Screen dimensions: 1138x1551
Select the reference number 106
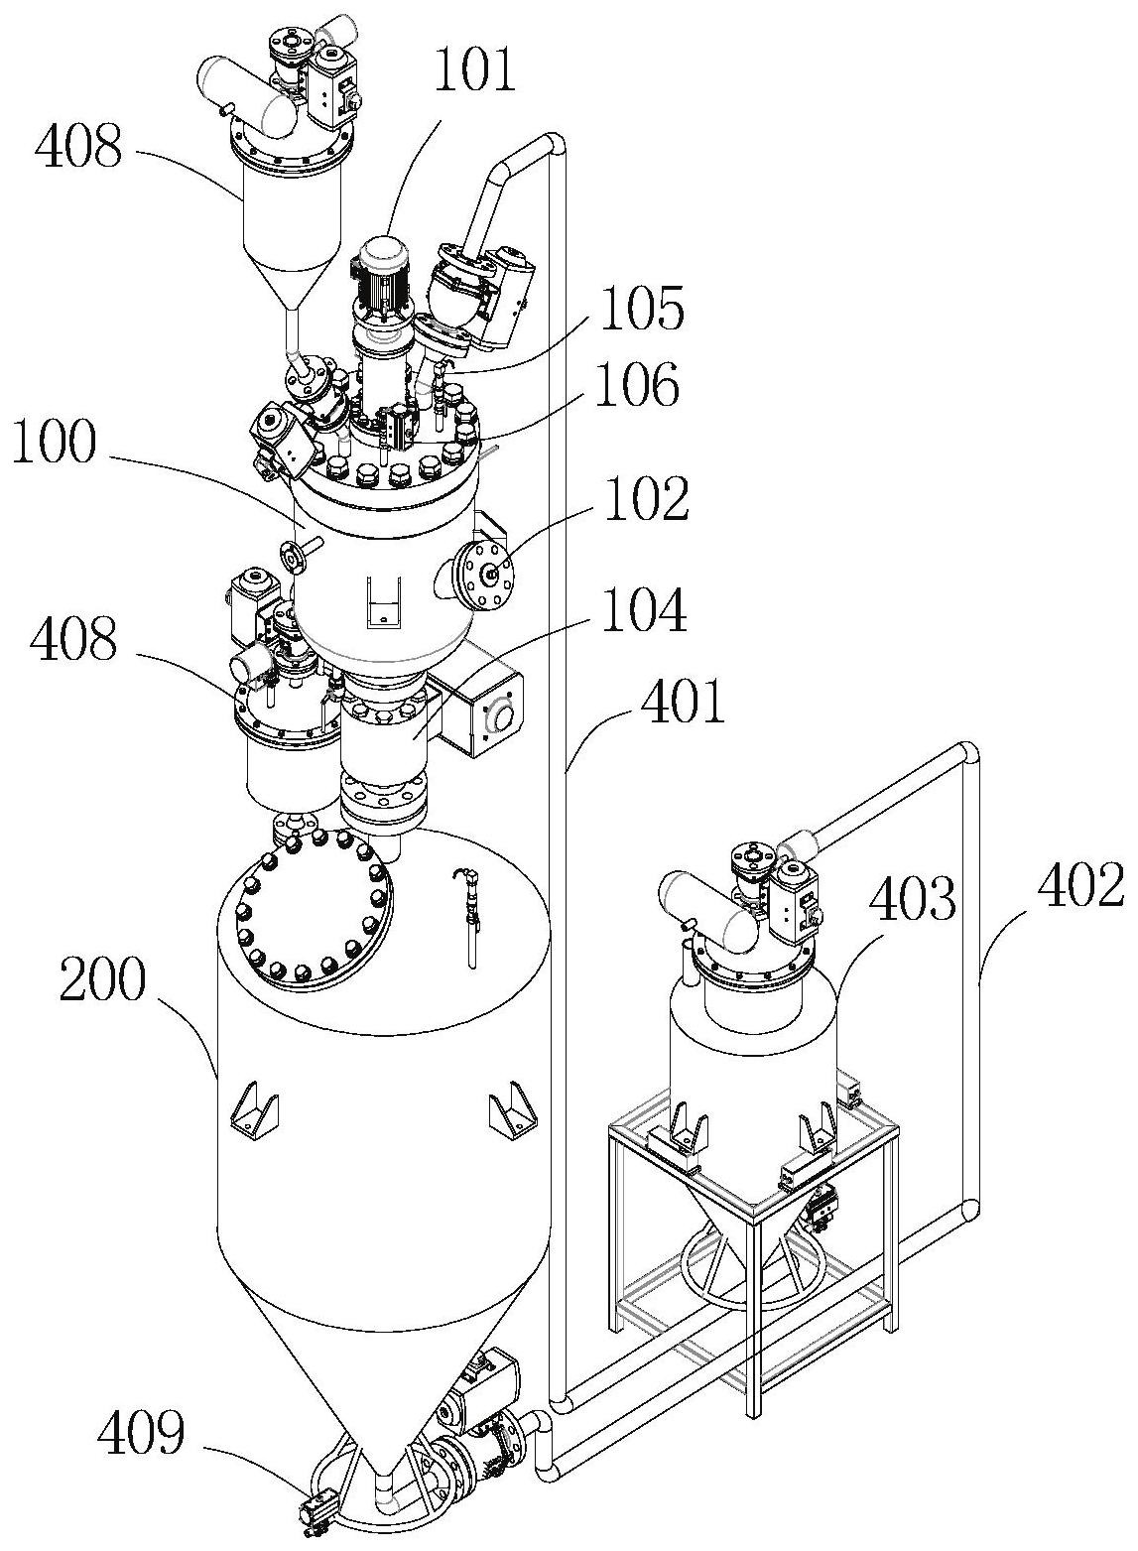coord(637,385)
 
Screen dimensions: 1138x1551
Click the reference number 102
coord(647,499)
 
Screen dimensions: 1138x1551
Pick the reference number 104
coord(645,609)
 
